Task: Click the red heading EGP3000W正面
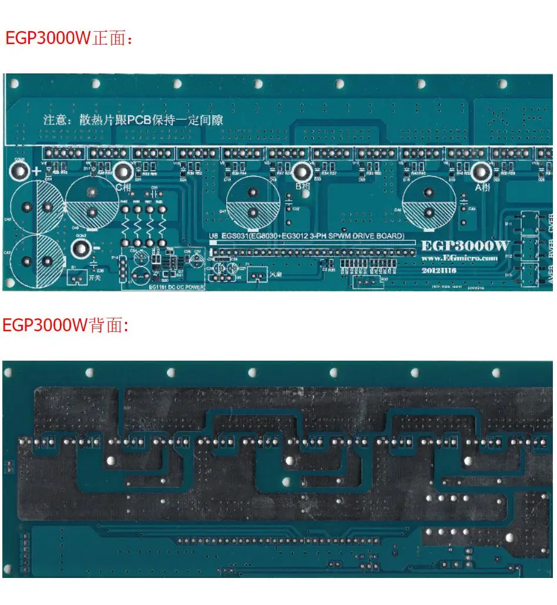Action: point(69,38)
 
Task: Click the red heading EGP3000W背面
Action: point(65,325)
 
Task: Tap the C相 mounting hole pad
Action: point(123,172)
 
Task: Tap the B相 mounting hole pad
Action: point(303,172)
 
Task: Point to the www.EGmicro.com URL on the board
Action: point(459,258)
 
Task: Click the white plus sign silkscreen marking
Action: point(36,172)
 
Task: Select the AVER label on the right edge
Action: point(551,274)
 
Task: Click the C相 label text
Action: point(123,187)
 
